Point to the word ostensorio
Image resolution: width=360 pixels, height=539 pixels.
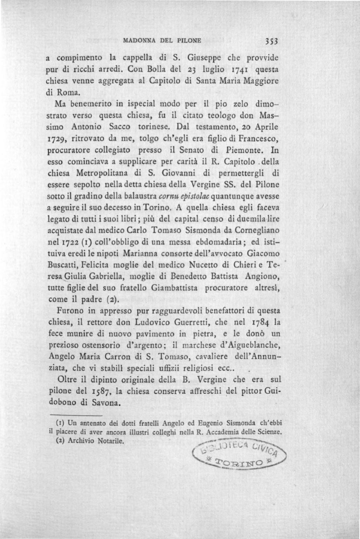(x=100, y=345)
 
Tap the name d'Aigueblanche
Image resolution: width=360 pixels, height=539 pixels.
(x=247, y=345)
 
